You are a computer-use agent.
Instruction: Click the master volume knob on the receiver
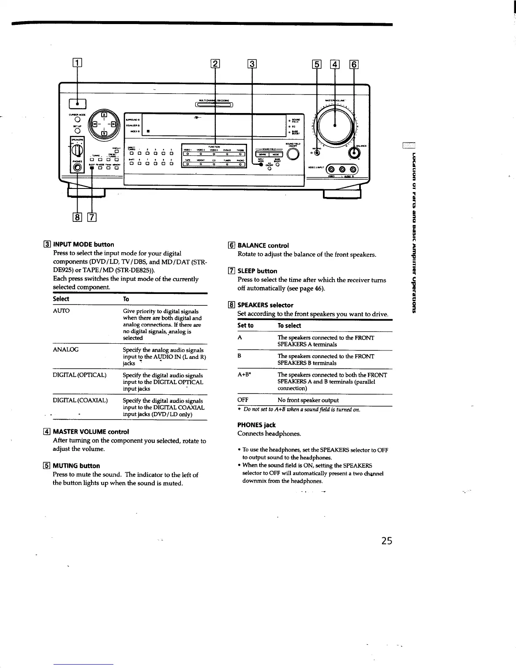(336, 125)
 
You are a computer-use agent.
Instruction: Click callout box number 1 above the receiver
(78, 65)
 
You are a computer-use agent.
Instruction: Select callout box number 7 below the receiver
(92, 218)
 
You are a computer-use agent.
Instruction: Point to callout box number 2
(215, 65)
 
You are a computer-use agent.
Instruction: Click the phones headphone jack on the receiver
(76, 168)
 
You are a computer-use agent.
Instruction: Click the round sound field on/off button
(292, 154)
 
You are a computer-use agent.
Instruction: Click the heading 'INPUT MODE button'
(83, 245)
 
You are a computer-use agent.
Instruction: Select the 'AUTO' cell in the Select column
(61, 311)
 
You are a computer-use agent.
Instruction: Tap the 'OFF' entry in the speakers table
(242, 400)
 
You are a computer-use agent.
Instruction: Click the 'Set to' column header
(245, 326)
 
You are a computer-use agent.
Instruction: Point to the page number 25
(385, 540)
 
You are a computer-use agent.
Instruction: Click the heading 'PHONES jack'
(256, 425)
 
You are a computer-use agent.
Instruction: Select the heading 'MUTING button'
(76, 466)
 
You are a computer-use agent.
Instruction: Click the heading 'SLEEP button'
(257, 271)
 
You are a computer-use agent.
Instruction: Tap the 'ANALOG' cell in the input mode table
(65, 350)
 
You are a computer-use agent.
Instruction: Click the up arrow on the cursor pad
(103, 115)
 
